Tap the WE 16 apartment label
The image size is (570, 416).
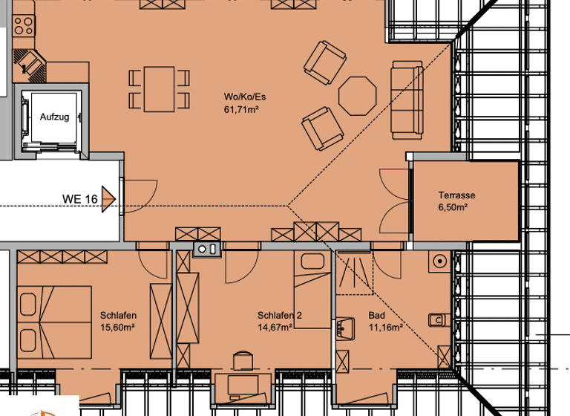point(80,199)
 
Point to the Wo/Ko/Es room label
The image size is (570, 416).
point(245,97)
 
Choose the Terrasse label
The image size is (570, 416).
point(456,195)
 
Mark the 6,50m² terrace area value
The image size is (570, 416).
point(453,208)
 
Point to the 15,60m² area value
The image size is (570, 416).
point(117,327)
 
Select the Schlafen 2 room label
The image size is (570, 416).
point(280,315)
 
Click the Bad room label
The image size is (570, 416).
point(377,315)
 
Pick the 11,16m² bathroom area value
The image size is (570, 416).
point(385,327)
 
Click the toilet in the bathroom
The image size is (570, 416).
point(439,320)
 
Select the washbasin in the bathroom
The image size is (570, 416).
point(344,328)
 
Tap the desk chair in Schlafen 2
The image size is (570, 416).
point(243,360)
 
